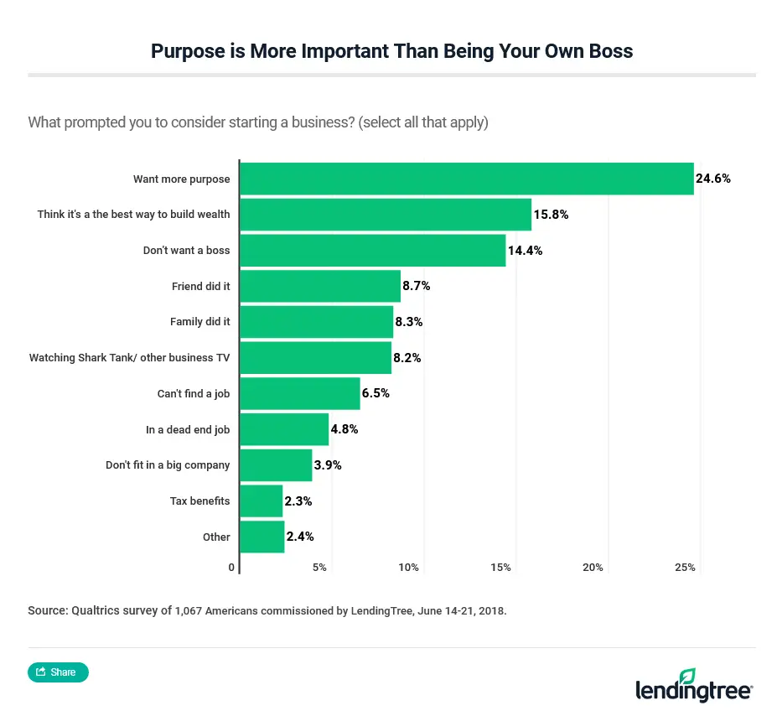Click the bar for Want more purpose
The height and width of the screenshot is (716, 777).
(x=467, y=179)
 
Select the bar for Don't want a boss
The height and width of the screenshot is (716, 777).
(x=373, y=251)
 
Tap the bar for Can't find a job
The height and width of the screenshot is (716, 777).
(x=300, y=393)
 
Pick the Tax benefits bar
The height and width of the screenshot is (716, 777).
(x=262, y=501)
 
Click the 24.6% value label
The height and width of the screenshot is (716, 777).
(x=713, y=179)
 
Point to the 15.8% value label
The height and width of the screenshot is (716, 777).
(x=551, y=215)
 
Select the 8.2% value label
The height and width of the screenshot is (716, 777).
(x=407, y=358)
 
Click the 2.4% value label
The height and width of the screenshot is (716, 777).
(x=299, y=537)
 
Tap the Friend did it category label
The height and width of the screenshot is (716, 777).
(x=200, y=287)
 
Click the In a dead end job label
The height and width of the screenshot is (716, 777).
(x=188, y=429)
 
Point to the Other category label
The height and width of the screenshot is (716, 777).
(x=216, y=537)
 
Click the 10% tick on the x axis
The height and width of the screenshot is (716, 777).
(x=408, y=568)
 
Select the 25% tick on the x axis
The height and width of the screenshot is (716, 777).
(x=685, y=568)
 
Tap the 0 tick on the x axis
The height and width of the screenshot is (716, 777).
(x=231, y=568)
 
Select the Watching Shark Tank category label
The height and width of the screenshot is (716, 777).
(x=129, y=358)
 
